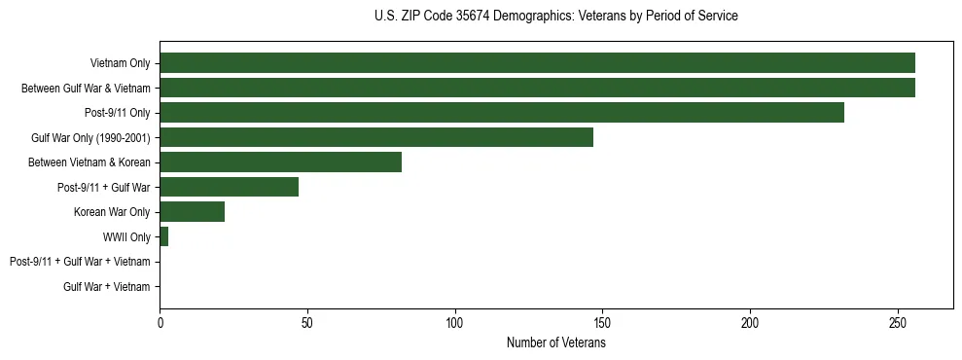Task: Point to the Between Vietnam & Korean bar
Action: click(280, 162)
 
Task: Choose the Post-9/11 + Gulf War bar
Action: click(229, 187)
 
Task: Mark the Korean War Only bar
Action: click(192, 212)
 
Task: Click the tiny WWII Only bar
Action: click(163, 236)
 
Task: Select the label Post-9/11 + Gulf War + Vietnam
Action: click(80, 262)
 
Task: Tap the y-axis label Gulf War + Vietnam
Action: click(107, 286)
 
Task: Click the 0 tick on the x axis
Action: click(160, 322)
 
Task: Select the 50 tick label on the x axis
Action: click(307, 322)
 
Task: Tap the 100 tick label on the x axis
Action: click(455, 322)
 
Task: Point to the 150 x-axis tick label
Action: click(602, 322)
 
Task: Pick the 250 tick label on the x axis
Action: click(898, 322)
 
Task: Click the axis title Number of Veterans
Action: click(555, 342)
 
